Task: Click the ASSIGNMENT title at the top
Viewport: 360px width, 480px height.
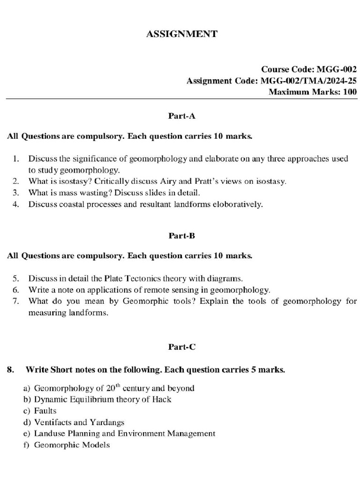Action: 182,34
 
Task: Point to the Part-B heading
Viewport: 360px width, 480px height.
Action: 181,236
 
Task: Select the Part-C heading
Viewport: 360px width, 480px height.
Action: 181,347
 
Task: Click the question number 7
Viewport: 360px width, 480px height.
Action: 15,301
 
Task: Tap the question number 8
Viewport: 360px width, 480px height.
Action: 10,370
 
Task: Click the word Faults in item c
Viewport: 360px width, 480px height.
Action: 45,411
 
